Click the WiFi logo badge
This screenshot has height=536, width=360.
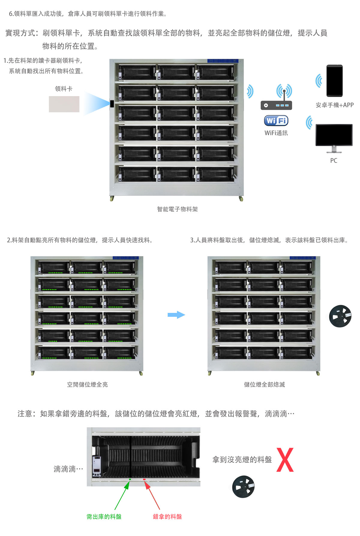coord(276,121)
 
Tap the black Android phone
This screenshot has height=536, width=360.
coord(334,80)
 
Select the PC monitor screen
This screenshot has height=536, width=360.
coord(334,135)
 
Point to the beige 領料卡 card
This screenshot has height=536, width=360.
coord(64,104)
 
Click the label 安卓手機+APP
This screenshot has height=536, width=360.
coord(334,105)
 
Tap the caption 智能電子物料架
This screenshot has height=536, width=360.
coord(177,209)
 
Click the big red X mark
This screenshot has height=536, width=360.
coord(285,460)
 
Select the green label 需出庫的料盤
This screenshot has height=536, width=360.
coord(104,516)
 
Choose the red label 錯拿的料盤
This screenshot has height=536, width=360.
coord(167,516)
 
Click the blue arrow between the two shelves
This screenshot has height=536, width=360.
coord(176,315)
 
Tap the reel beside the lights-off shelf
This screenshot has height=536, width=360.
coord(340,316)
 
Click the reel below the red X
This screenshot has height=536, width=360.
coord(243,486)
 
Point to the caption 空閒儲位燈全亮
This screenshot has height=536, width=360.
coord(87,385)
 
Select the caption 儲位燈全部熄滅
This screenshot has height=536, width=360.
coord(264,385)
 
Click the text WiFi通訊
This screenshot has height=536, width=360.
coord(276,133)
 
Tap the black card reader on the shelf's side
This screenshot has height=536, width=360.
coord(112,104)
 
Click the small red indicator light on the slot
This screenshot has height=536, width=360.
coord(144,479)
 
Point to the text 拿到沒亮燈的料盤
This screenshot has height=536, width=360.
coord(242,460)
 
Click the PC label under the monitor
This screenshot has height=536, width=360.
coord(334,161)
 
